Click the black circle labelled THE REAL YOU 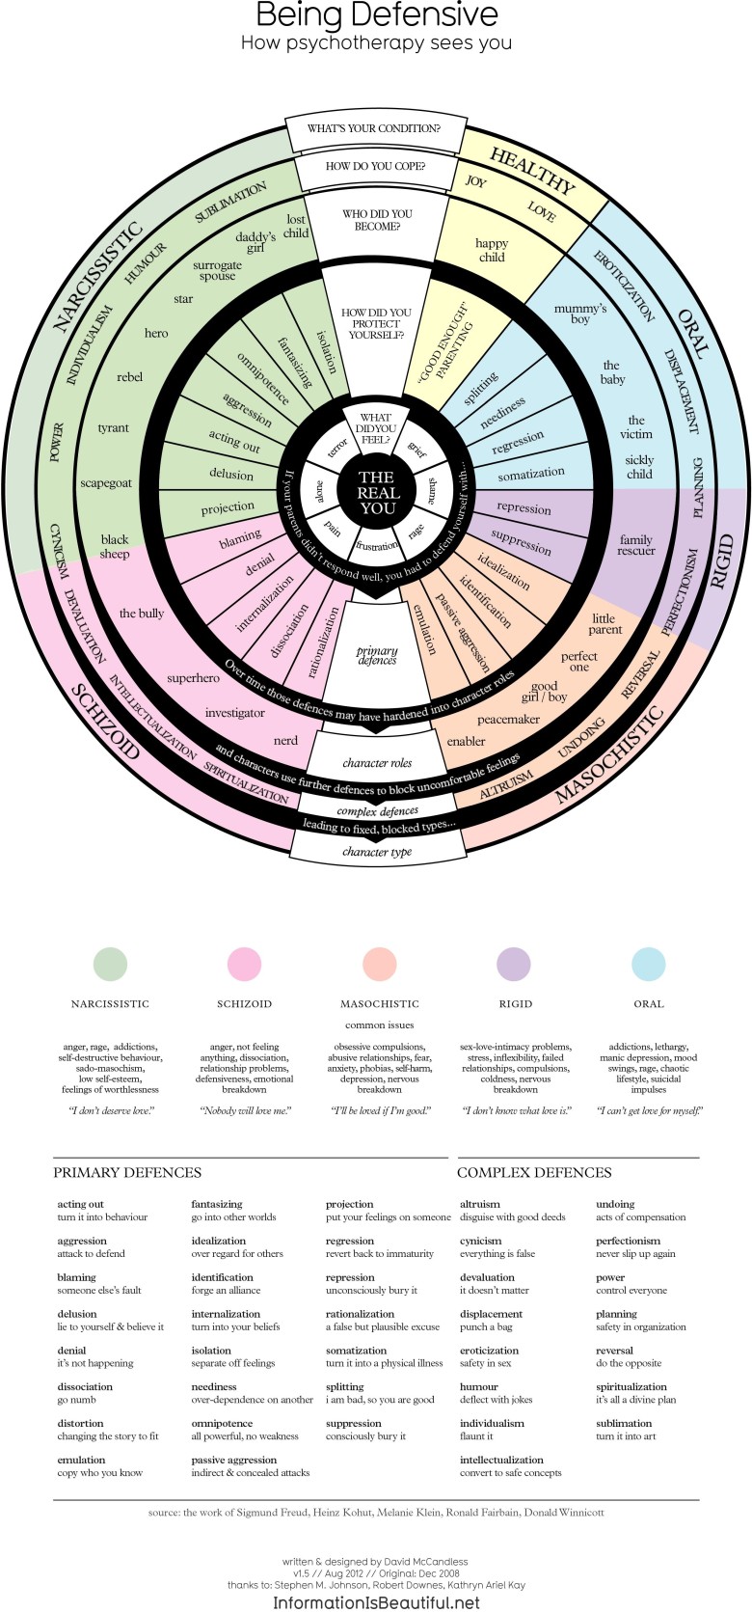(x=376, y=492)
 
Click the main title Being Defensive (x=377, y=15)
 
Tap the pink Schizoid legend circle (x=244, y=964)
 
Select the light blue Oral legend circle (x=649, y=964)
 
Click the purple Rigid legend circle (x=514, y=964)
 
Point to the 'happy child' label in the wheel (x=492, y=251)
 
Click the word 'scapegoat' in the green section (x=106, y=482)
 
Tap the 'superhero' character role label (x=193, y=678)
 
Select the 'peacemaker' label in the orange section (x=508, y=720)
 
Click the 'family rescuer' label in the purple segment (x=636, y=545)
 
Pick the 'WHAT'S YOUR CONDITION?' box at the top (x=374, y=128)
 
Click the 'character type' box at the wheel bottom (x=377, y=852)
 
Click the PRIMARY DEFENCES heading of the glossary (x=127, y=1173)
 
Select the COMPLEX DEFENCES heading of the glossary (x=534, y=1173)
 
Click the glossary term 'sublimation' (x=624, y=1423)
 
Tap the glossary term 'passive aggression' (x=233, y=1460)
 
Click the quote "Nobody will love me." (x=245, y=1110)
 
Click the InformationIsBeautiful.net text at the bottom (x=376, y=1602)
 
